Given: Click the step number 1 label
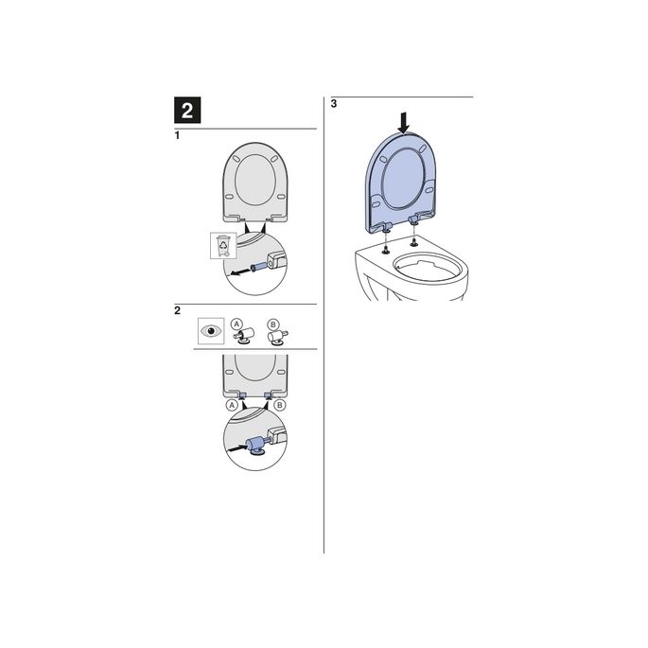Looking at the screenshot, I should (x=178, y=137).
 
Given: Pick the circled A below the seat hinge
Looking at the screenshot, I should (x=230, y=404).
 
